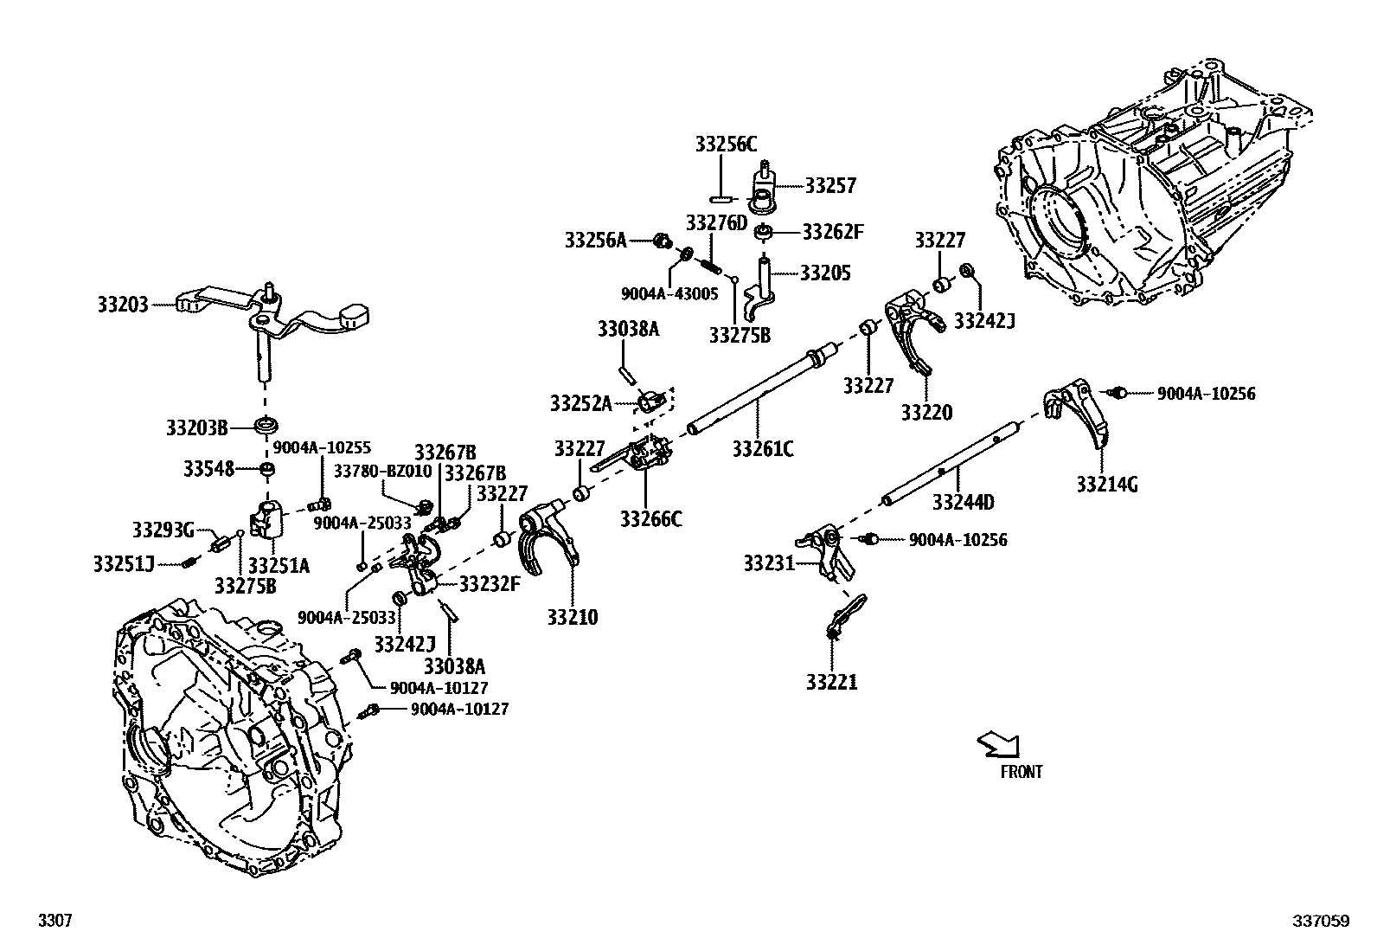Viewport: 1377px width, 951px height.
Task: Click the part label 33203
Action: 122,305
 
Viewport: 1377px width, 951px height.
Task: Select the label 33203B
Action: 196,427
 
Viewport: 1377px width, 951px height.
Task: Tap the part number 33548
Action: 208,468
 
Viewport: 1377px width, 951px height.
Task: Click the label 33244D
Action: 963,502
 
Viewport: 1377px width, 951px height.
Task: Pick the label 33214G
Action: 1106,485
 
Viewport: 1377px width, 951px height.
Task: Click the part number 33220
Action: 926,413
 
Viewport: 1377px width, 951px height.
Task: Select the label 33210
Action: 572,617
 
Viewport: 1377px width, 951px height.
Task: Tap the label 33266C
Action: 650,519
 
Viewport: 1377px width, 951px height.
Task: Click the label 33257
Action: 830,185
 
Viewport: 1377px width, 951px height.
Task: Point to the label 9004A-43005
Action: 669,293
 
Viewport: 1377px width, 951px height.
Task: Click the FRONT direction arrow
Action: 999,743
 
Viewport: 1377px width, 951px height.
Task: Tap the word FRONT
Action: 1022,772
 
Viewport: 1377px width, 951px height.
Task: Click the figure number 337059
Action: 1321,922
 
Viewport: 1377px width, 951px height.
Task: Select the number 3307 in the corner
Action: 53,922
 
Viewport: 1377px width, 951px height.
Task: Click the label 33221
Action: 831,683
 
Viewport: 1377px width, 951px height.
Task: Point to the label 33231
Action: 768,564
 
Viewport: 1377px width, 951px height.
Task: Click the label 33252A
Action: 580,403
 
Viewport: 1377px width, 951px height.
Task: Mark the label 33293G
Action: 163,529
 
